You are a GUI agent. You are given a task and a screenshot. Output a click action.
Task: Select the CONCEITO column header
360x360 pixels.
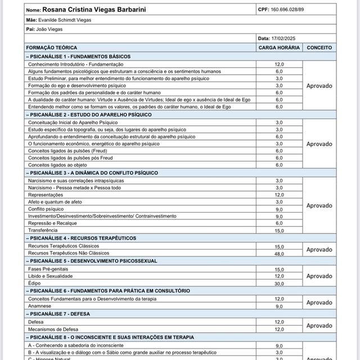pos(319,48)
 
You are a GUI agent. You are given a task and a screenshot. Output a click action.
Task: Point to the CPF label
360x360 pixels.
pos(263,10)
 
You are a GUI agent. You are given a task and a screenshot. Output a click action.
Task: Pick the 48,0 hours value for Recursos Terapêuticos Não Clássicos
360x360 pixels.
pos(279,254)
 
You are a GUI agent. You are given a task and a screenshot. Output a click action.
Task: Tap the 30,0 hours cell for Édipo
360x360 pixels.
pos(279,283)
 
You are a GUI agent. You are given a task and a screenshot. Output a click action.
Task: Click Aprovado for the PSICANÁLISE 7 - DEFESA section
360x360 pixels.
pos(319,325)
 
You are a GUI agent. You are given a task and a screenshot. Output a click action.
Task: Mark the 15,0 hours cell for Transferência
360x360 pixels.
pos(279,231)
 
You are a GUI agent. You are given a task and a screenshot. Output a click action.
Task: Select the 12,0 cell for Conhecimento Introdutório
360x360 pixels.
pos(279,65)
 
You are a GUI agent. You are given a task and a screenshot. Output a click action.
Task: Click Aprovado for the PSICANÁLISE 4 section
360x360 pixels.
pos(319,250)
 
